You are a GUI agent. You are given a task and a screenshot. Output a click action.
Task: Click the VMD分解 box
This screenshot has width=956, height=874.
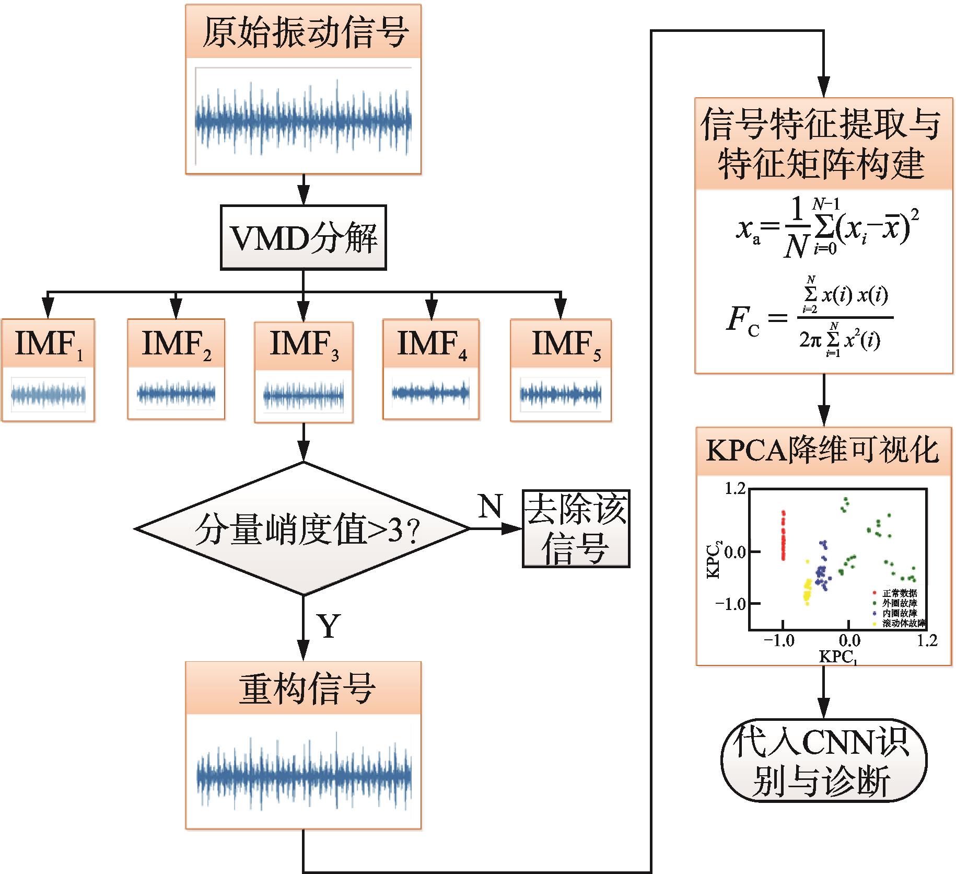[303, 238]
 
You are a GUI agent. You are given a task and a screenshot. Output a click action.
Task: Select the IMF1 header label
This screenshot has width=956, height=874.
[49, 343]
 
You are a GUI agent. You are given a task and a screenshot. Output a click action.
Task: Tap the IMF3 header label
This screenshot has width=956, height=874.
[304, 344]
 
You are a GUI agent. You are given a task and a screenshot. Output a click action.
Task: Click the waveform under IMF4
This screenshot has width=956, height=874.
[431, 392]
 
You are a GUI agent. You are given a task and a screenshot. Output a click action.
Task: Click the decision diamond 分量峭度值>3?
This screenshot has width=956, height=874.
[303, 529]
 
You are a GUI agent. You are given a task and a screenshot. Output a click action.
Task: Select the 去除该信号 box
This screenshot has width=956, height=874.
[576, 529]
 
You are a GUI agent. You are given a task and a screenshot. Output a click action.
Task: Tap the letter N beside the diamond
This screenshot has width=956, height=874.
[489, 506]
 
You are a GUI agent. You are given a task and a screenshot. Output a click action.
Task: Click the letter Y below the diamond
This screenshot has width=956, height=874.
[328, 626]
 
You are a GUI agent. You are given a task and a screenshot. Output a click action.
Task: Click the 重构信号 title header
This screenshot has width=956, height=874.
[304, 688]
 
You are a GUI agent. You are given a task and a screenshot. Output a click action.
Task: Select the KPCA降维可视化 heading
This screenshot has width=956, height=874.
[823, 451]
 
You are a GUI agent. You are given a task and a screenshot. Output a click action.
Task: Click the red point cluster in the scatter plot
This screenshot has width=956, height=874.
[783, 536]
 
